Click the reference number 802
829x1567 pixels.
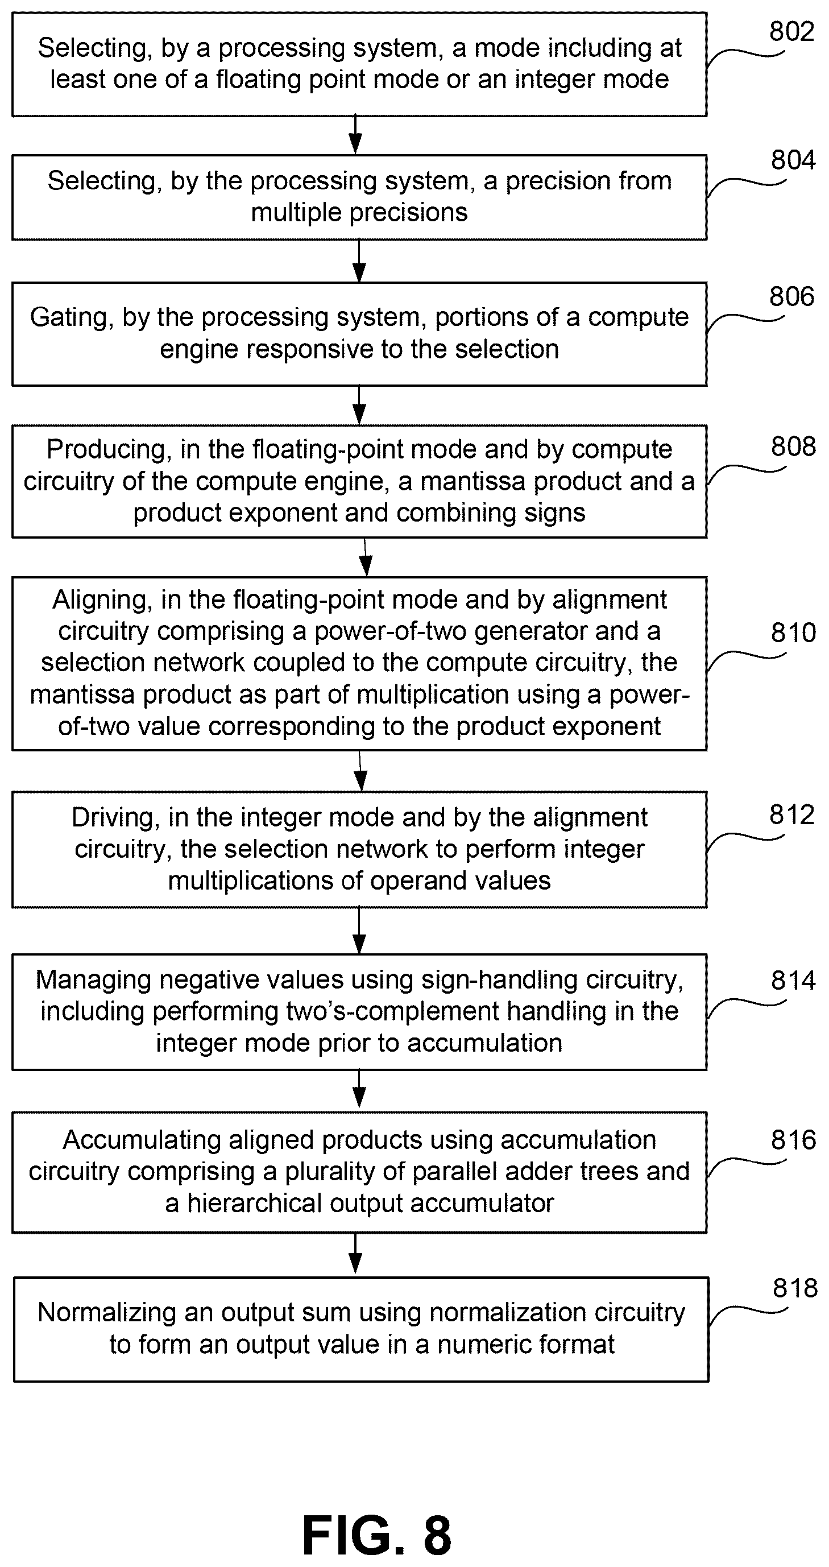(x=791, y=32)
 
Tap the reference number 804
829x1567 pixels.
(x=793, y=160)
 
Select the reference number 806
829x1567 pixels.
(x=791, y=297)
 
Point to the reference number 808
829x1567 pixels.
(x=793, y=447)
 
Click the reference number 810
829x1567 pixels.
(x=793, y=633)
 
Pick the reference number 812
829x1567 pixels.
(x=791, y=815)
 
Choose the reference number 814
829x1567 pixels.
(x=793, y=981)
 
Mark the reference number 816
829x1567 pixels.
(x=793, y=1140)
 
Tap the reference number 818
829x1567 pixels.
(x=795, y=1288)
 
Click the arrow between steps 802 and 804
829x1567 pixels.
(x=356, y=135)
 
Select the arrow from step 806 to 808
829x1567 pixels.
(x=359, y=405)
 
